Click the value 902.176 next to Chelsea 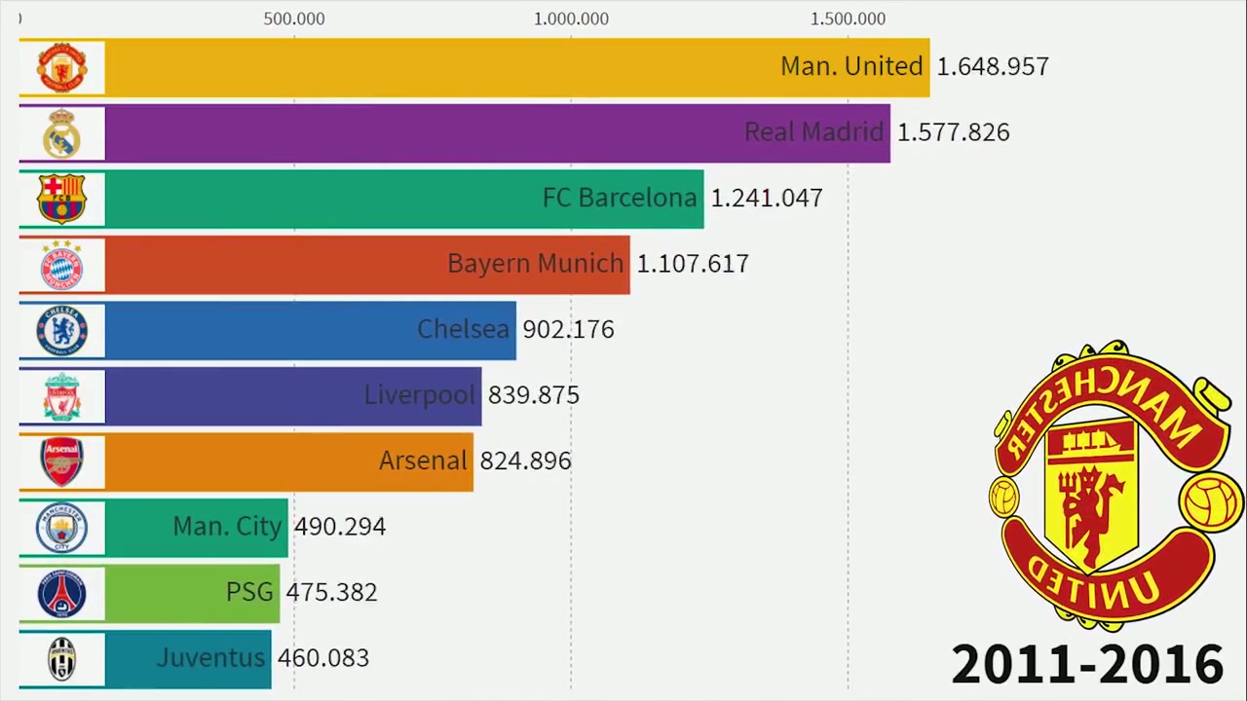click(x=568, y=330)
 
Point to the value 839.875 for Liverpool click(x=534, y=395)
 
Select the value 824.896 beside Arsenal click(x=526, y=461)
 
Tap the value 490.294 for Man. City click(x=340, y=527)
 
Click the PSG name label click(x=249, y=592)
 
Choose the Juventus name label click(x=210, y=658)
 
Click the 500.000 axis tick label click(x=294, y=18)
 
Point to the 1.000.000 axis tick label click(x=572, y=18)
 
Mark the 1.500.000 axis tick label click(x=848, y=18)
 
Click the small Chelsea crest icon click(x=62, y=330)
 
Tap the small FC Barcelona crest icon click(x=62, y=199)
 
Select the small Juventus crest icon click(x=62, y=659)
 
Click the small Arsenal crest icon click(x=62, y=461)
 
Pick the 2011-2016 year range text click(x=1087, y=664)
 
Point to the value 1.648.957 click(x=993, y=67)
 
